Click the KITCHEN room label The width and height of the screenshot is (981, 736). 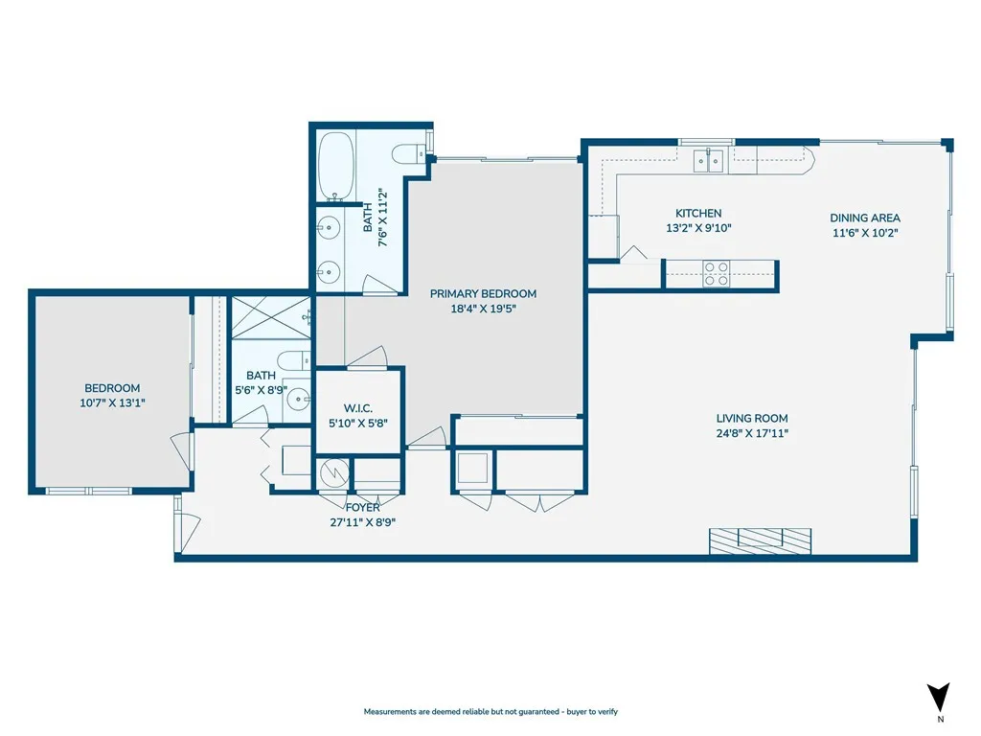pos(698,214)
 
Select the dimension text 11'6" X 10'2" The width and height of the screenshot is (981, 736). pos(864,232)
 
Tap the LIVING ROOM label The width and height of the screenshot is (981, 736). pos(752,419)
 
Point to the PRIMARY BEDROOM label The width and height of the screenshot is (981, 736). pos(483,294)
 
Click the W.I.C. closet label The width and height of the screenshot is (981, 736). pos(359,408)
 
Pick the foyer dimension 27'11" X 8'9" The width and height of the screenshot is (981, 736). pos(363,522)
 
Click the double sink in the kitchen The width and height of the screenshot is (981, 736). pos(710,159)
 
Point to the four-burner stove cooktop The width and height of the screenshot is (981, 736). pos(716,274)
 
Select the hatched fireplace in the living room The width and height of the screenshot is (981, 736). pos(761,540)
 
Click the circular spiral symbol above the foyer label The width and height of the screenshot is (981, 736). pos(332,472)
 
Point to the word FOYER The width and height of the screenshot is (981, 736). pos(363,508)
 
